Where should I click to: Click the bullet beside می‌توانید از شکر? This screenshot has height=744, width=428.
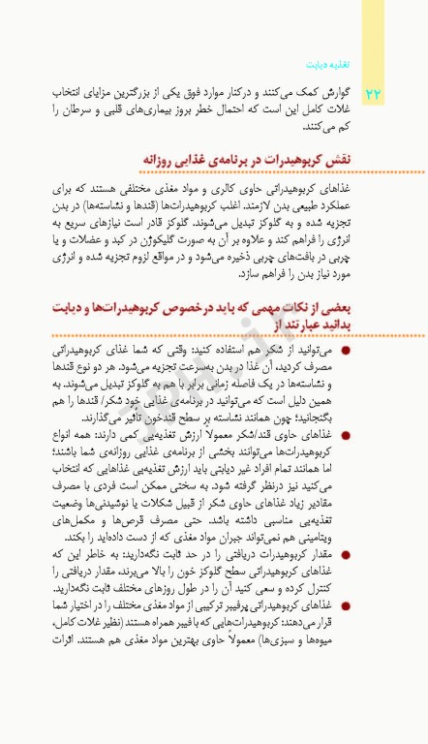(x=346, y=348)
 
